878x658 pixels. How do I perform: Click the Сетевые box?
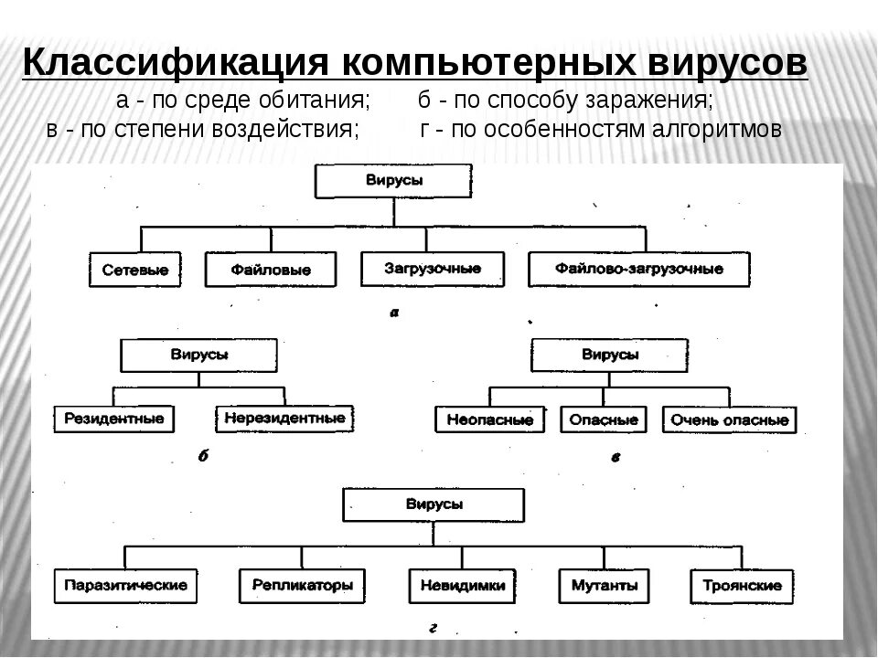coord(136,270)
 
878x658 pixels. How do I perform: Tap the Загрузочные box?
coord(434,269)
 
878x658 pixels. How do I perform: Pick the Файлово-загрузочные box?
coord(638,269)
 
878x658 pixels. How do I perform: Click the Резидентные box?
coord(114,419)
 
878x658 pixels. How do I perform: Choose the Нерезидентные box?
coord(284,419)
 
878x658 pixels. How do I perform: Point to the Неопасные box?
coord(489,419)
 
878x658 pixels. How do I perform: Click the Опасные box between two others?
coord(603,419)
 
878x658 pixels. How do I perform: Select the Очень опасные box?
coord(729,419)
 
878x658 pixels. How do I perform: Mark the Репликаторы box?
coord(302,584)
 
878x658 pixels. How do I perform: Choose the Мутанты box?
coord(604,584)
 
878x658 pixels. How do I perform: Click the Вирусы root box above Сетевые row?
coord(395,181)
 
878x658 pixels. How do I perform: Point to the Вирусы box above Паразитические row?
coord(434,504)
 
